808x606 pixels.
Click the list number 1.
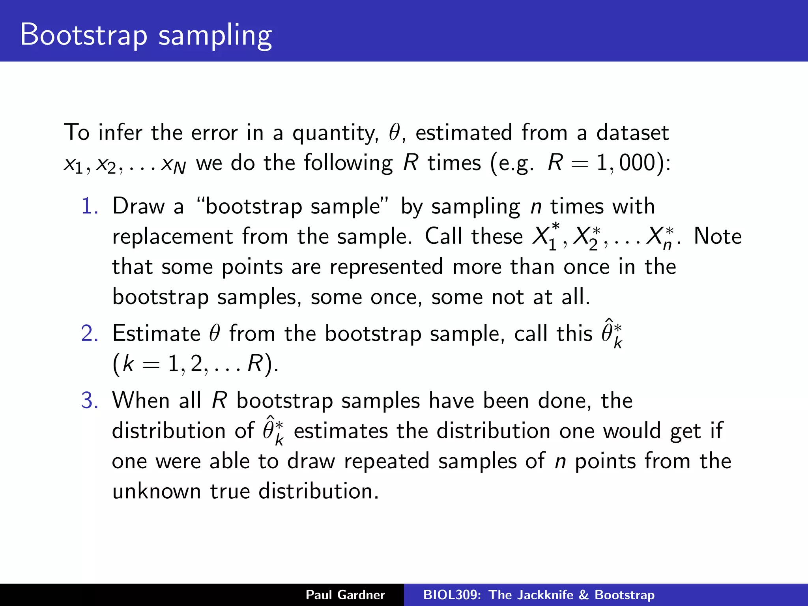90,206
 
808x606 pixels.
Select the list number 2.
90,333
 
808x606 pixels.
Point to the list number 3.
90,400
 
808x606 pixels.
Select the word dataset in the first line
632,133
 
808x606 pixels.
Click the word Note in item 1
718,237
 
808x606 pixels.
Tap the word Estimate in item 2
156,334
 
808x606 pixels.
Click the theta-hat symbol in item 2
611,333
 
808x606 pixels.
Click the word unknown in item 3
157,492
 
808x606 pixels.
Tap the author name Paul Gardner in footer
345,595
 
